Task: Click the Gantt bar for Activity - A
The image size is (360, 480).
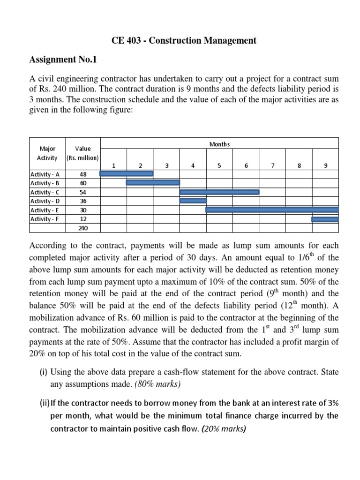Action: click(x=127, y=173)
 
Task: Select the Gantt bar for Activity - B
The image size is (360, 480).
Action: click(x=153, y=182)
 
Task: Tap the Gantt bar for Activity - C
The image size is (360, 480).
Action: click(x=219, y=192)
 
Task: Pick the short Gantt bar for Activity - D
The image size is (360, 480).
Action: click(x=193, y=201)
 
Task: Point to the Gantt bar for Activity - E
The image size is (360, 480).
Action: click(x=272, y=210)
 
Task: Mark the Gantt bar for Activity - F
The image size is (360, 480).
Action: click(x=325, y=219)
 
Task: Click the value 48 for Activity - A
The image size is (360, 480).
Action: click(x=83, y=174)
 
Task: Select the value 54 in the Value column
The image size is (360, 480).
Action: click(x=83, y=192)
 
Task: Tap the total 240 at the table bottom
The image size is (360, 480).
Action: click(x=83, y=228)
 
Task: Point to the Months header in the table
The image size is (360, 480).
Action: click(x=219, y=144)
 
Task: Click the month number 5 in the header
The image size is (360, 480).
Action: click(x=219, y=165)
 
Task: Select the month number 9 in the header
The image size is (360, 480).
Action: click(x=325, y=165)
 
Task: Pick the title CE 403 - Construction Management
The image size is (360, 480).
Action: click(x=184, y=41)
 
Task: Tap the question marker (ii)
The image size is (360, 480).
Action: click(x=44, y=403)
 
